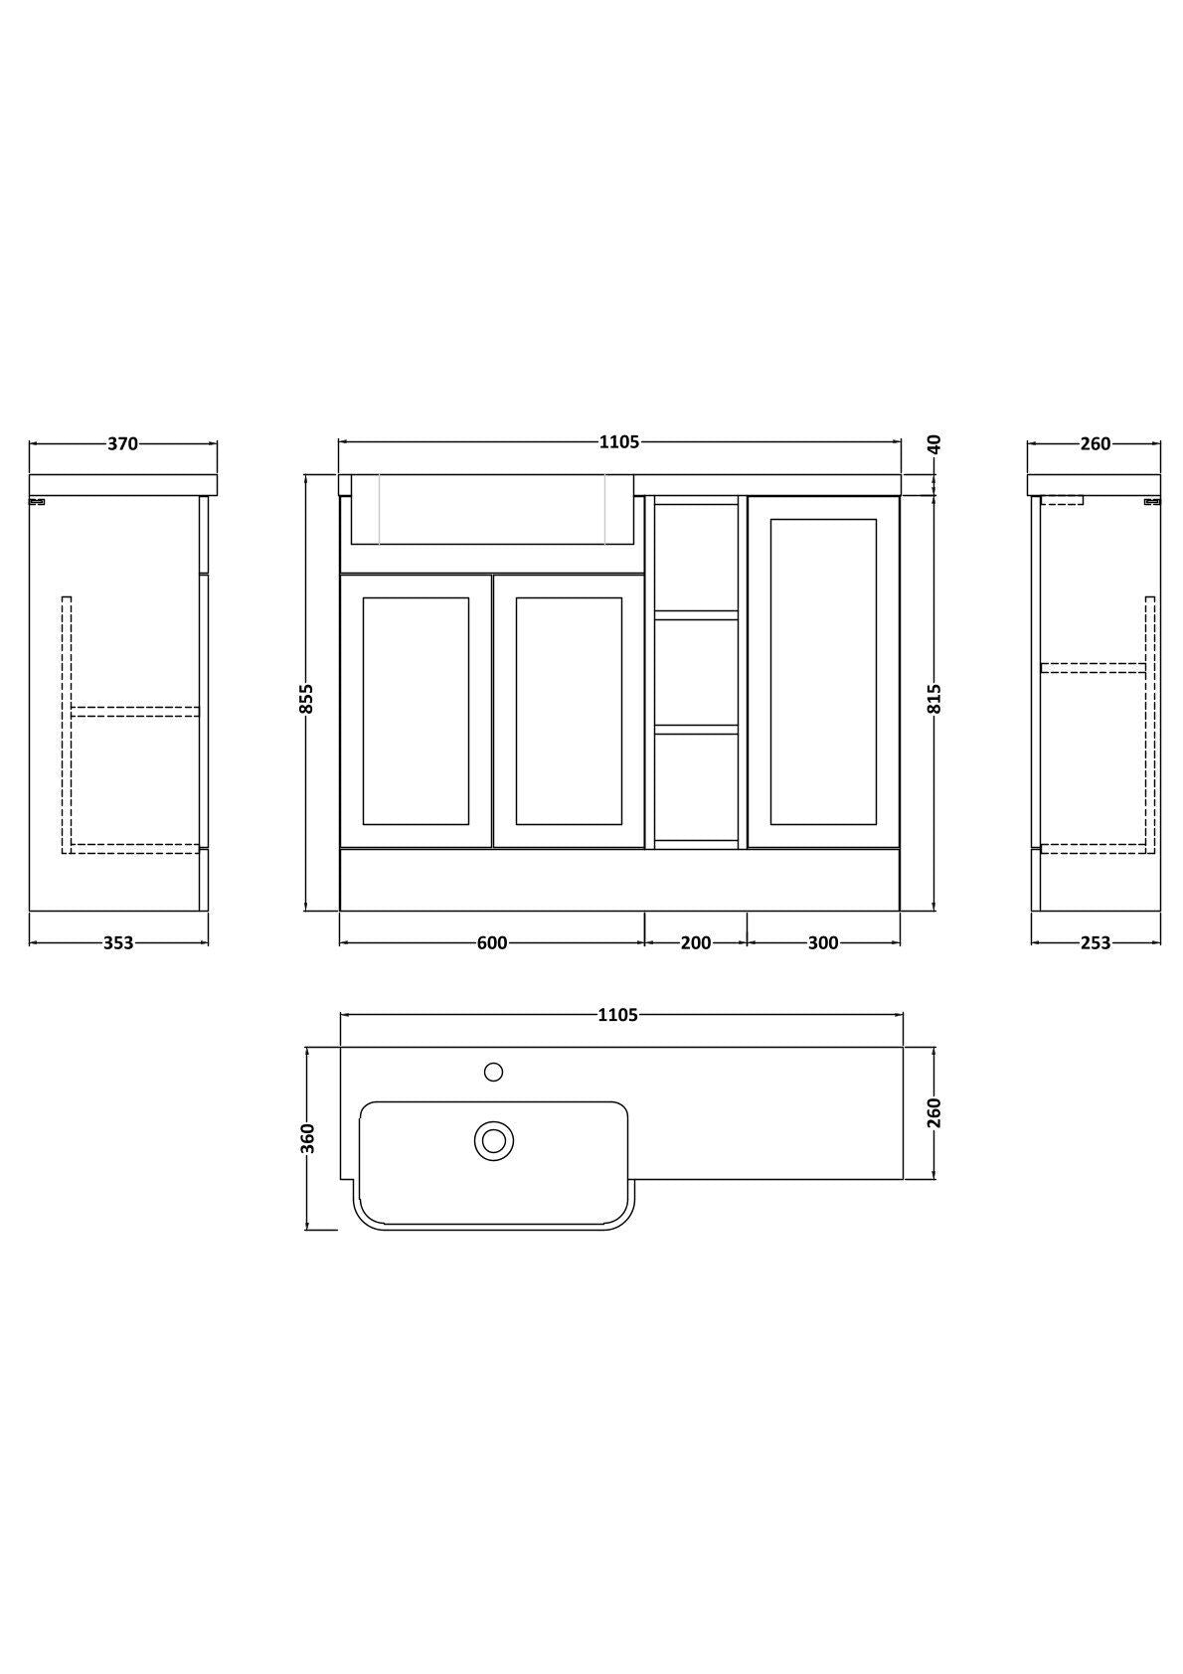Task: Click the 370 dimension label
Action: point(122,444)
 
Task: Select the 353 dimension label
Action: point(118,943)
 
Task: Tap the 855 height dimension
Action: point(306,699)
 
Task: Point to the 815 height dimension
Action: point(934,699)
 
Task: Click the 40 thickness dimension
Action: point(934,444)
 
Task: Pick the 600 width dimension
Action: point(492,943)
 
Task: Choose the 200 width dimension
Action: point(696,943)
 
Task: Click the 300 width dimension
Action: point(823,943)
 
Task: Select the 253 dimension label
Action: point(1096,943)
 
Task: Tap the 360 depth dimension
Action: point(307,1138)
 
